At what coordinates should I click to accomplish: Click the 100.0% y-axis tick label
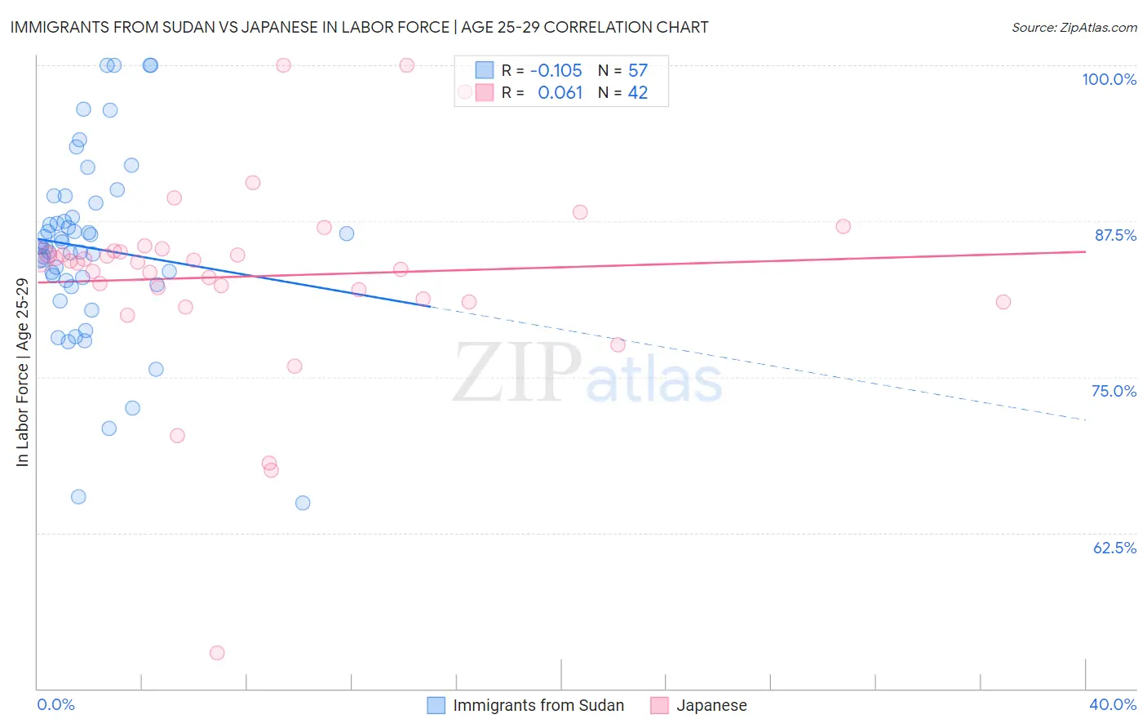(1109, 79)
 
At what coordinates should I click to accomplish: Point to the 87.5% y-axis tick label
(1115, 235)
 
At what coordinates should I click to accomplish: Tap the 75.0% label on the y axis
(1114, 391)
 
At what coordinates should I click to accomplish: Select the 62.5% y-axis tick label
(1114, 548)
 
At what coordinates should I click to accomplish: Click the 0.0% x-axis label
(55, 705)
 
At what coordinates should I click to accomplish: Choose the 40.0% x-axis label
(1113, 705)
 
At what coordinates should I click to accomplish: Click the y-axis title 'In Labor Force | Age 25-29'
(22, 372)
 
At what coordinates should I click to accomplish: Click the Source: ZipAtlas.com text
(1074, 27)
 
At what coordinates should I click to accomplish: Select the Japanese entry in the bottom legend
(711, 706)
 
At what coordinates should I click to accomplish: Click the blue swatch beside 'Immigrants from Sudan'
(436, 706)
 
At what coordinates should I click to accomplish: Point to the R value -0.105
(556, 71)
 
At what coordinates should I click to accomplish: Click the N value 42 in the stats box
(638, 93)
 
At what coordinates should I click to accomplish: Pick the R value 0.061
(560, 93)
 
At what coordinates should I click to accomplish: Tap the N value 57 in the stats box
(638, 71)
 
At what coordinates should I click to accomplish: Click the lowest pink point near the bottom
(217, 653)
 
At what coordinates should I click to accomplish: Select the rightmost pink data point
(1003, 302)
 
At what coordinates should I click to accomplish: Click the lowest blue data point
(303, 503)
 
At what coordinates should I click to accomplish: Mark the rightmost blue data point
(347, 233)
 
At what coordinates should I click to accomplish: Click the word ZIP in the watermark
(517, 373)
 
